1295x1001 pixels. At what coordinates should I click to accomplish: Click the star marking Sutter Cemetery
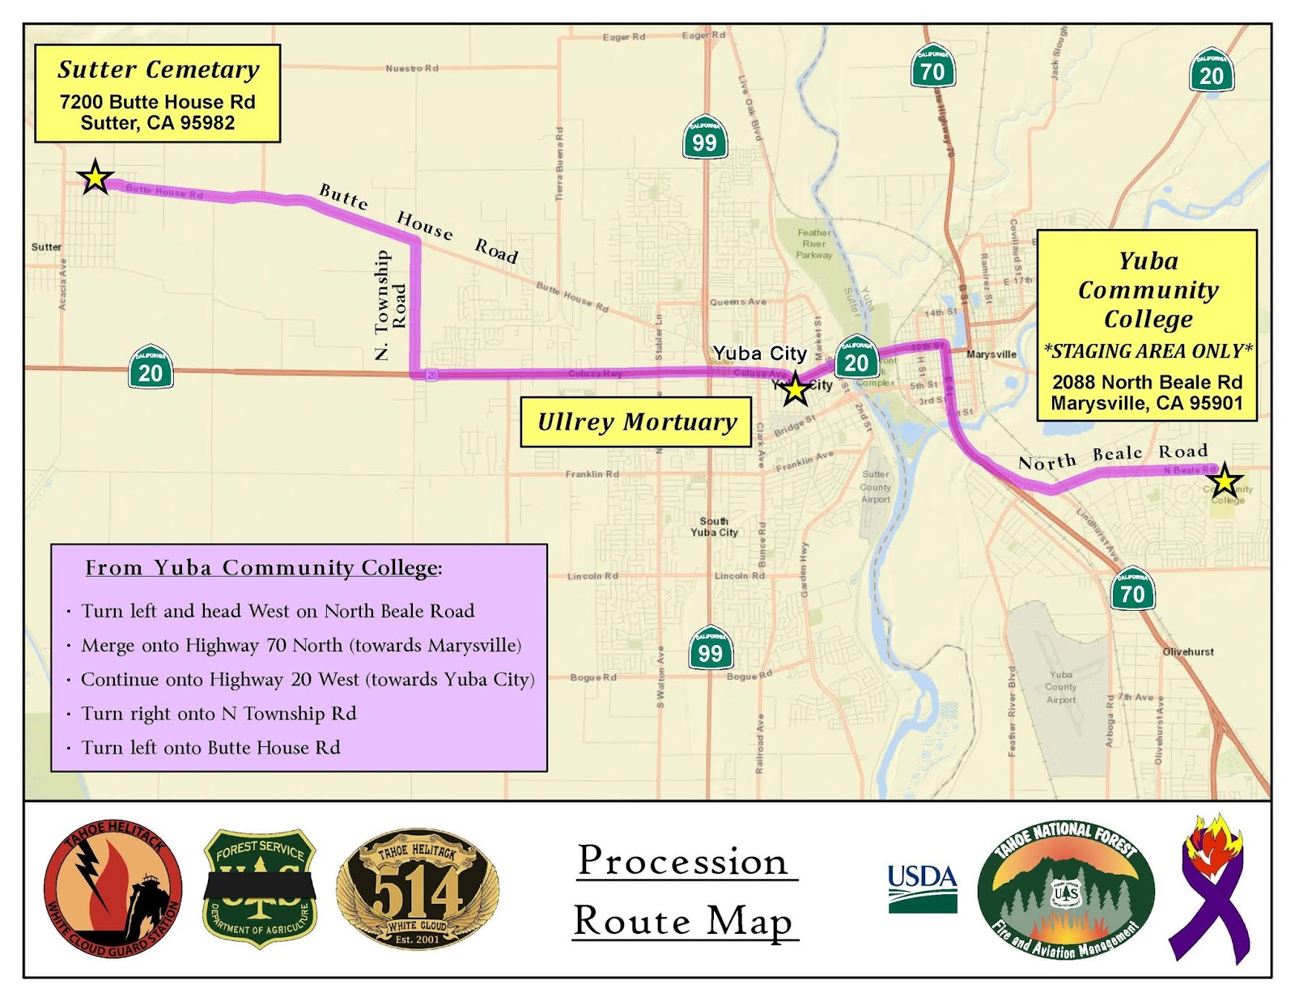pos(95,177)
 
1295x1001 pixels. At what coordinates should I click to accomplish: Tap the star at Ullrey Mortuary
pos(796,389)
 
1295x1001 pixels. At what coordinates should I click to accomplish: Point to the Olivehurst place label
pos(1187,651)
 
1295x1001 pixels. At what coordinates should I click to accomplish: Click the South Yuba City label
pos(714,527)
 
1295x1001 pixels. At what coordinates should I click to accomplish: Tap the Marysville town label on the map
pos(991,354)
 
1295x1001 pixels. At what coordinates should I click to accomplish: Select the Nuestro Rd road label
pos(412,68)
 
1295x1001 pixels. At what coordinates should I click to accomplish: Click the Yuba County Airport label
pos(1060,686)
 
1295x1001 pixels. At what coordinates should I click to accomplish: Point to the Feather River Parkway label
pos(814,244)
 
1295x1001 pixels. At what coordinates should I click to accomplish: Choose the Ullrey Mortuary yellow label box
pos(636,422)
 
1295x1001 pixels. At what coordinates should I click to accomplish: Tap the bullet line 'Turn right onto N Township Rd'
pos(219,714)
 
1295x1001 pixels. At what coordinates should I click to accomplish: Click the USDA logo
pos(923,888)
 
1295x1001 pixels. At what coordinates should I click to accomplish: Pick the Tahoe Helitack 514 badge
pos(417,889)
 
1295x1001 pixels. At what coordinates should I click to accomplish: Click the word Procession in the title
pos(682,861)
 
